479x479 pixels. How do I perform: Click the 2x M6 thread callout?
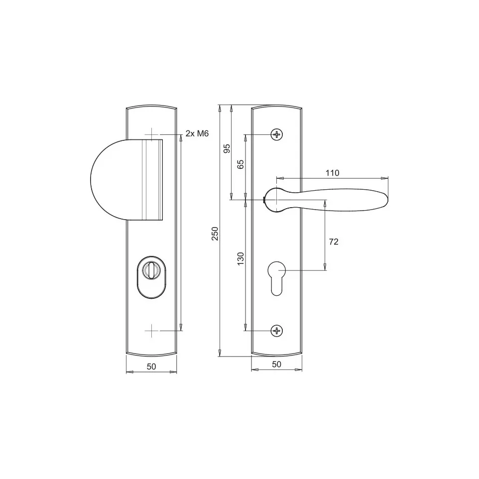(x=197, y=133)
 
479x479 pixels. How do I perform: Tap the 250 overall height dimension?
(x=216, y=234)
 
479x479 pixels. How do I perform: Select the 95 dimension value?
(x=227, y=148)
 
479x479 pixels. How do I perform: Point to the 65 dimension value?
(x=240, y=164)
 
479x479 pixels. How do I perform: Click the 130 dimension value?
(x=240, y=258)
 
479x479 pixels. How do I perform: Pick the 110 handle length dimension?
(x=333, y=173)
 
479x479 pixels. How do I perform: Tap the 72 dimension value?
(x=334, y=241)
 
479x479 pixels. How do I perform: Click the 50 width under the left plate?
(x=151, y=366)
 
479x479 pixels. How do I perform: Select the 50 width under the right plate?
(x=276, y=364)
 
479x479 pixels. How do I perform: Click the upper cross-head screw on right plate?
(x=277, y=134)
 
